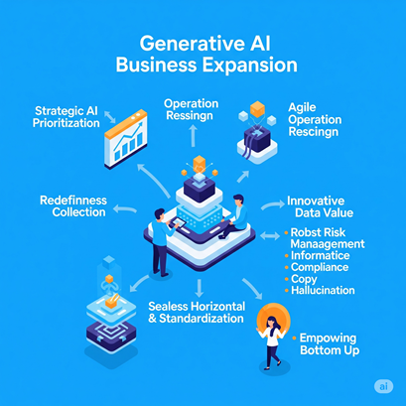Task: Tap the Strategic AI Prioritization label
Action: (67, 117)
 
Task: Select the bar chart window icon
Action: (126, 139)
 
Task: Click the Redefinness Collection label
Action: (73, 205)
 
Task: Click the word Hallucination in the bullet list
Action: (323, 291)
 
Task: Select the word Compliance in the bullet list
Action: (320, 267)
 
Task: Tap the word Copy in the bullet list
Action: (304, 279)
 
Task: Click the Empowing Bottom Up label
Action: (330, 344)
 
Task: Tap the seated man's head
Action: (238, 201)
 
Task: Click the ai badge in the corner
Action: (383, 386)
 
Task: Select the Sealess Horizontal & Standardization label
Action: (197, 312)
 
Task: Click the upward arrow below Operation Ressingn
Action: (194, 135)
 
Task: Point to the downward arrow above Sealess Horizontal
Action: (199, 288)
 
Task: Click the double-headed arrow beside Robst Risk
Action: (270, 235)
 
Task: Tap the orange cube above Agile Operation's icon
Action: (257, 109)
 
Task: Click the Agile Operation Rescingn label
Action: (315, 119)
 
